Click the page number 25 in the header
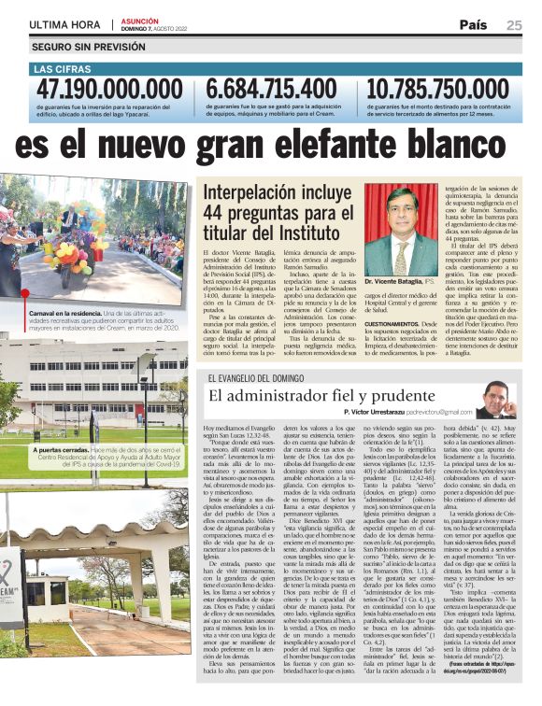[x=515, y=24]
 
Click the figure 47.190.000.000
[x=109, y=90]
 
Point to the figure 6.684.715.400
[x=272, y=90]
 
